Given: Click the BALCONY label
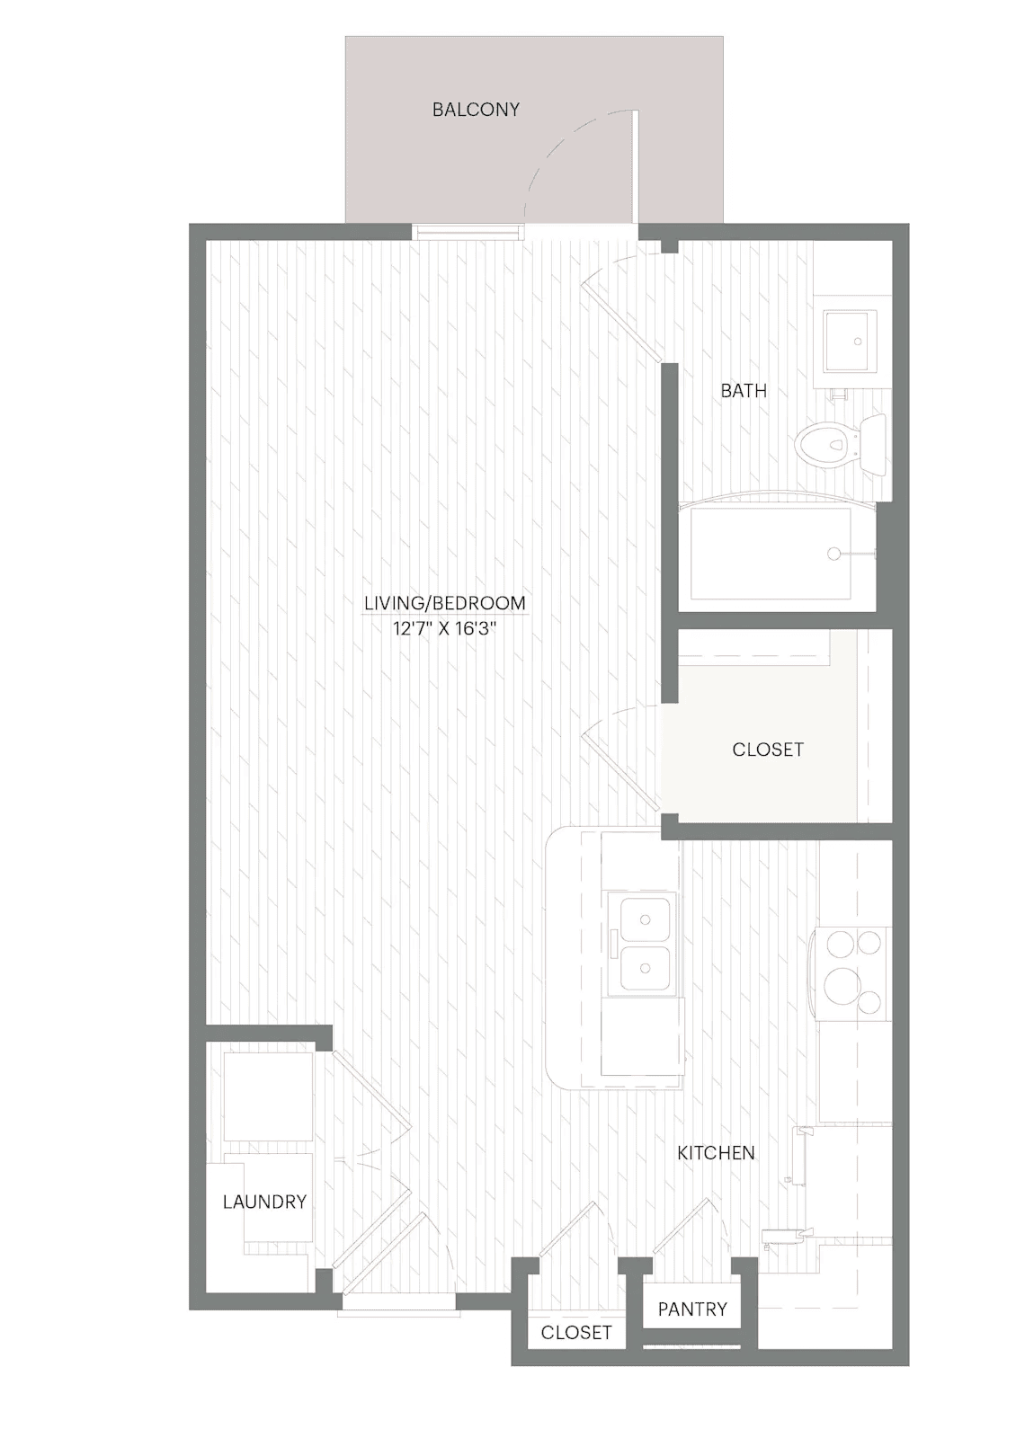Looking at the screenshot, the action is tap(476, 110).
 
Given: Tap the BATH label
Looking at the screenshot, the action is tap(744, 390).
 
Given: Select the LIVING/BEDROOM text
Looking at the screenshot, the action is tap(445, 603).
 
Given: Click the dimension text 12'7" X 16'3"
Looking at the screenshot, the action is tap(444, 629).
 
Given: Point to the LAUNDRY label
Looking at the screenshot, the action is tap(265, 1202).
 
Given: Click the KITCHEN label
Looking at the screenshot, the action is tap(716, 1153).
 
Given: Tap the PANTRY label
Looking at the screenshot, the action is tap(692, 1309).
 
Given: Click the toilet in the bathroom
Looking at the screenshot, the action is tap(841, 442).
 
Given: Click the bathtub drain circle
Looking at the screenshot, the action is tap(833, 554).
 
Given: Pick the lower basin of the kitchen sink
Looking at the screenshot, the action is tap(646, 969).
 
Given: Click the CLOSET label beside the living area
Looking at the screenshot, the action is tap(768, 750).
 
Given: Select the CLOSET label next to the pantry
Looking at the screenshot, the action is tap(575, 1332).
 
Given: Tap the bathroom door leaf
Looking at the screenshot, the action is tap(621, 324).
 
